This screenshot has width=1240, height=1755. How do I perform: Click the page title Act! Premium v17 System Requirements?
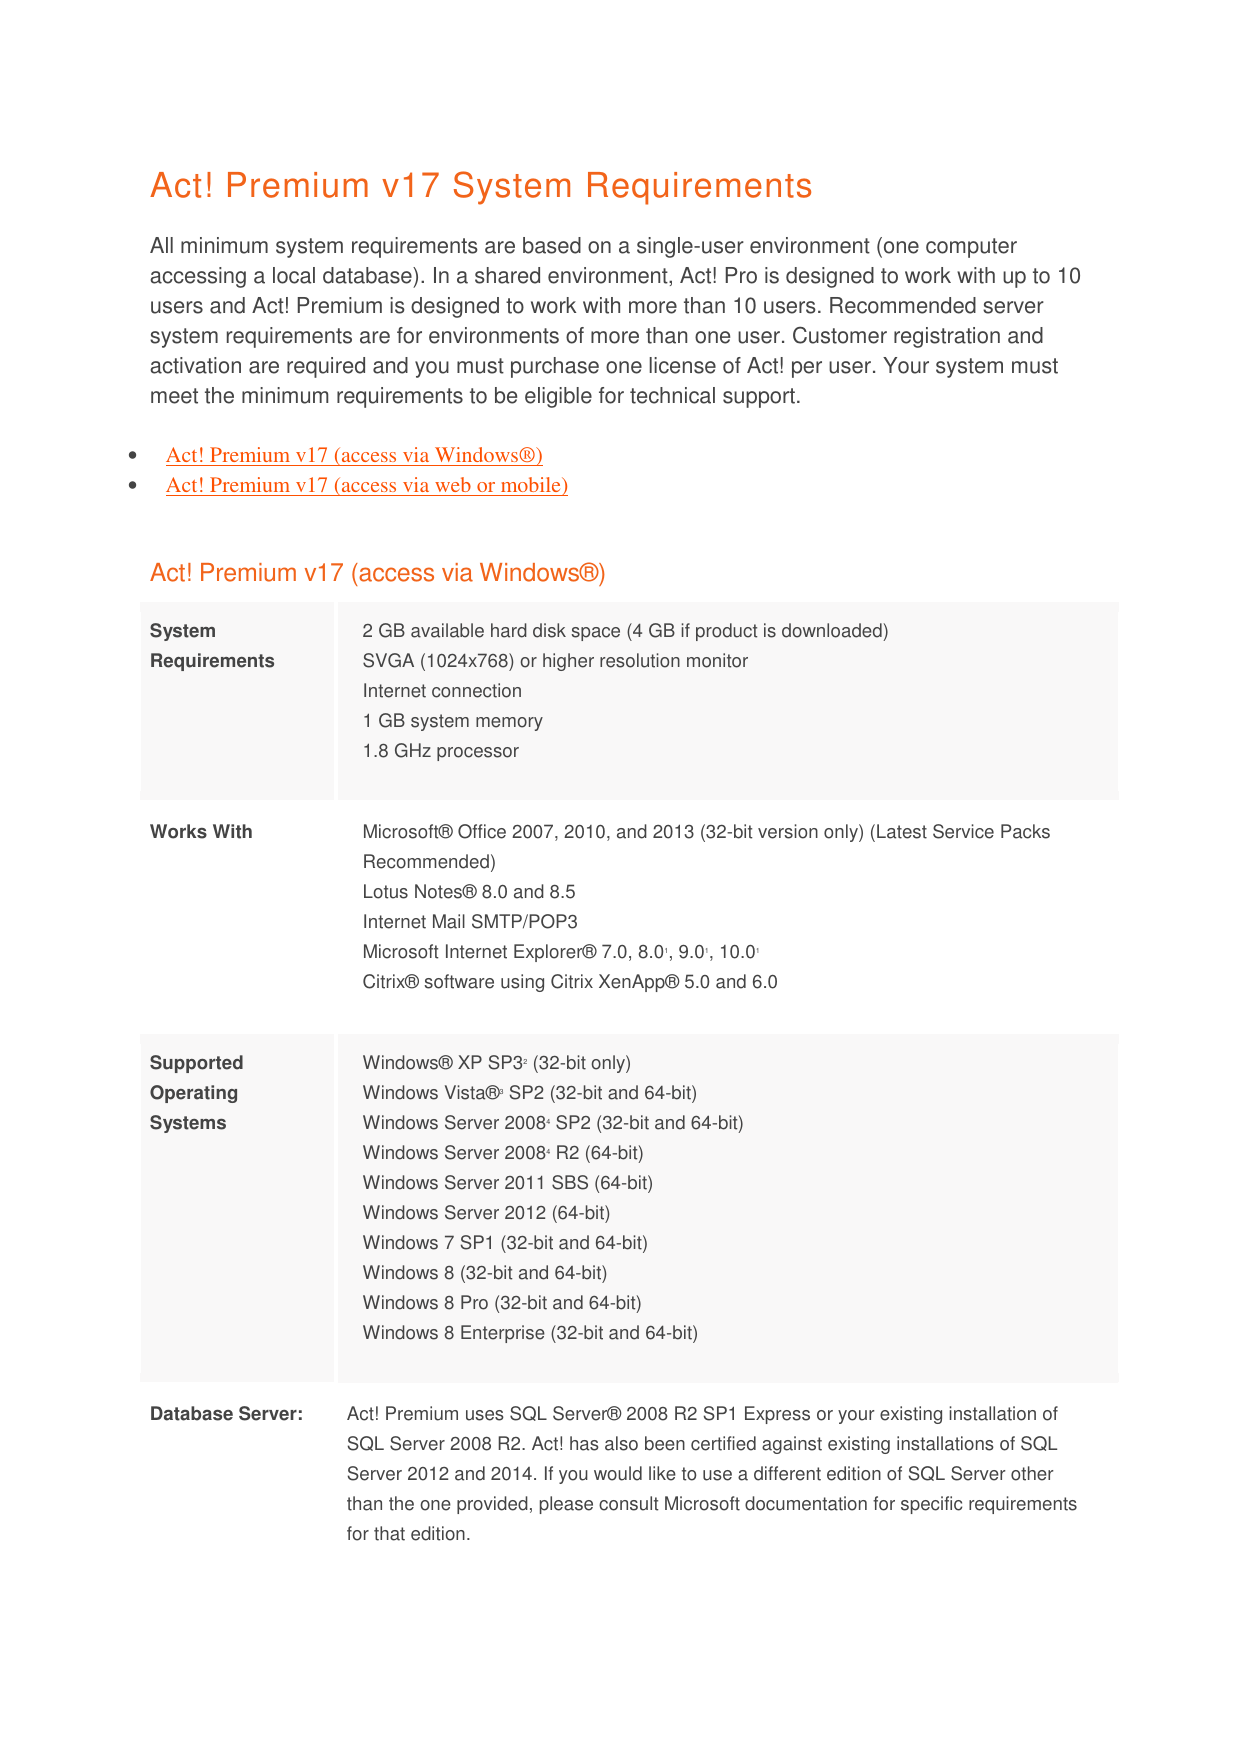tap(481, 186)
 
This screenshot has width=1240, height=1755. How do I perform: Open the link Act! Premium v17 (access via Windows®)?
tap(354, 455)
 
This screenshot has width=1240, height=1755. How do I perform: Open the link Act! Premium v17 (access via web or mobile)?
tap(367, 485)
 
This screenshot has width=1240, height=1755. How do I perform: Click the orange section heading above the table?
tap(377, 573)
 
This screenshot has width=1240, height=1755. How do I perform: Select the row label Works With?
tap(201, 832)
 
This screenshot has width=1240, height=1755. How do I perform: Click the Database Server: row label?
tap(226, 1414)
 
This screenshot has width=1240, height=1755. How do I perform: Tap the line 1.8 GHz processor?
tap(440, 751)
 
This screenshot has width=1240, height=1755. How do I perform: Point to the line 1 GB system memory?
tap(452, 721)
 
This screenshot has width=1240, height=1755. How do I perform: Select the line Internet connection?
tap(442, 691)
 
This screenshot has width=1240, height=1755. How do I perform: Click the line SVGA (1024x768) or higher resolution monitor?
tap(555, 661)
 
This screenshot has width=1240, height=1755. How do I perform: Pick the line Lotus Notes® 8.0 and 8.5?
tap(469, 892)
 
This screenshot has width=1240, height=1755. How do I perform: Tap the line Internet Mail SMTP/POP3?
tap(470, 922)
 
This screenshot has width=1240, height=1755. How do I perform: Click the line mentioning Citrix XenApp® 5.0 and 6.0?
tap(570, 982)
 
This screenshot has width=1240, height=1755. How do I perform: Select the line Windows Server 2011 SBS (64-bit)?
tap(507, 1183)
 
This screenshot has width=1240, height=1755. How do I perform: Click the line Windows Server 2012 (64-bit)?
tap(486, 1213)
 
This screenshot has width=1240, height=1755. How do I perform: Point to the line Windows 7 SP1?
tap(505, 1243)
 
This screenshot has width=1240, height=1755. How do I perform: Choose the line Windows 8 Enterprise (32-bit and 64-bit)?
tap(530, 1333)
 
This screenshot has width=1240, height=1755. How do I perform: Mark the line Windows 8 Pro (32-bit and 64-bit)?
tap(502, 1303)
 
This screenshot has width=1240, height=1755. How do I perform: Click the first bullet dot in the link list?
tap(133, 456)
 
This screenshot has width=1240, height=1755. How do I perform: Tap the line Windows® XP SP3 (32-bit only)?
tap(496, 1063)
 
